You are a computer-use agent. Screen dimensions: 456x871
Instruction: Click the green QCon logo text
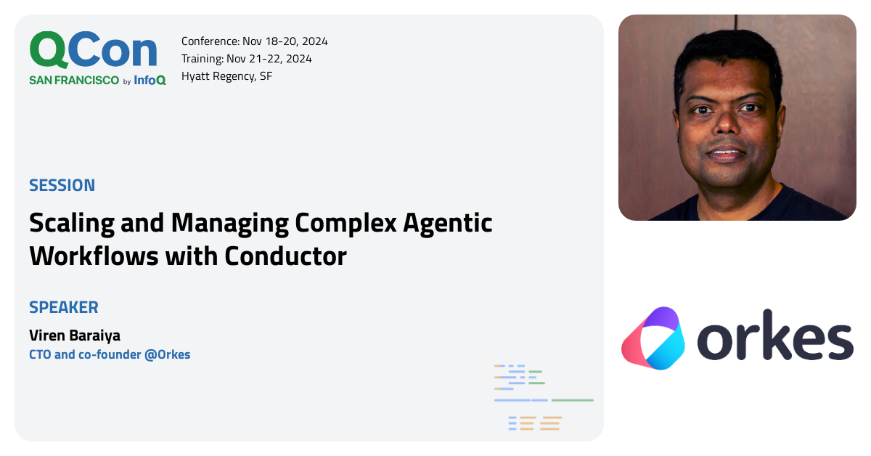pos(93,51)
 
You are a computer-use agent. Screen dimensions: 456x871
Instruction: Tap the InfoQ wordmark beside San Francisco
pos(150,81)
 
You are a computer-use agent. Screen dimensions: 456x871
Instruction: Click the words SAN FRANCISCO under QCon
pos(74,81)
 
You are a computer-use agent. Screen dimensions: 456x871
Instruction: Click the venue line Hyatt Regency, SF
pos(227,76)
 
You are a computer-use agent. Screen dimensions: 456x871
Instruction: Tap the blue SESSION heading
pos(62,185)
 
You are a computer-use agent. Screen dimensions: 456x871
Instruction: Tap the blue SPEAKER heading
pos(64,307)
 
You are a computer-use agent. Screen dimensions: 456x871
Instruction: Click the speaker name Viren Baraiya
pos(75,335)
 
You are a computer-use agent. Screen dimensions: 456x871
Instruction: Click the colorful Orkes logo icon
pos(653,338)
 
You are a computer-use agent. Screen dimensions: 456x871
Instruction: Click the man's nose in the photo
pos(727,131)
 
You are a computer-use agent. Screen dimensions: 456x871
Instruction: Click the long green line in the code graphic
pos(572,400)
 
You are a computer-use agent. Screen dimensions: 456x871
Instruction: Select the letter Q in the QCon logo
pos(49,51)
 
